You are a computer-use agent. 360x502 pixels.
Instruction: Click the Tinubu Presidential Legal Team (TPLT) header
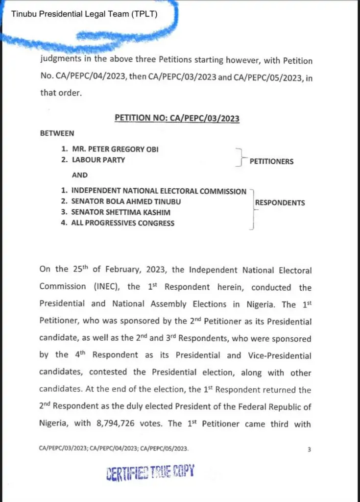pyautogui.click(x=84, y=14)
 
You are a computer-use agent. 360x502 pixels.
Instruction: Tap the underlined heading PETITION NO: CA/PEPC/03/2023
pyautogui.click(x=177, y=118)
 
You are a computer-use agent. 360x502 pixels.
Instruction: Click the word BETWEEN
pyautogui.click(x=57, y=133)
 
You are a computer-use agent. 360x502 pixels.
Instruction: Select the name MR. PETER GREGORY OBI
pyautogui.click(x=115, y=149)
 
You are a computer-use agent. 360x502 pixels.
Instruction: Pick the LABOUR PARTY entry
pyautogui.click(x=98, y=159)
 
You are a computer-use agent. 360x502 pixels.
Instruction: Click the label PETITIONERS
pyautogui.click(x=271, y=161)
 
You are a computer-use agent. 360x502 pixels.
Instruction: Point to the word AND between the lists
pyautogui.click(x=80, y=175)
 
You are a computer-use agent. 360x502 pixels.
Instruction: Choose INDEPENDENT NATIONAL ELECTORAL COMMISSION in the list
pyautogui.click(x=159, y=191)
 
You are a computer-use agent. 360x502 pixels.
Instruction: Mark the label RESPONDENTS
pyautogui.click(x=280, y=202)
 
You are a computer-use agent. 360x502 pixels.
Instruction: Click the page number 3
pyautogui.click(x=309, y=449)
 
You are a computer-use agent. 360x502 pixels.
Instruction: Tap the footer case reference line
pyautogui.click(x=114, y=449)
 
